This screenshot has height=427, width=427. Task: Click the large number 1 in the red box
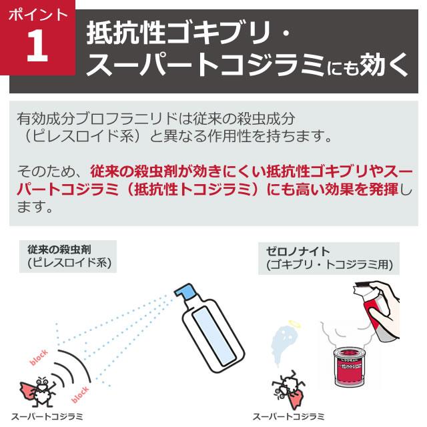pos(38,46)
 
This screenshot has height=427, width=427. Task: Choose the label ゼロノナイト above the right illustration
pos(299,252)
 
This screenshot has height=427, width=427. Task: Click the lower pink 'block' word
pos(81,395)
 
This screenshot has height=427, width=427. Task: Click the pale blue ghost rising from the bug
pos(284,347)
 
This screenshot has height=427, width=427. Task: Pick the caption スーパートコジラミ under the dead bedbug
pos(288,417)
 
